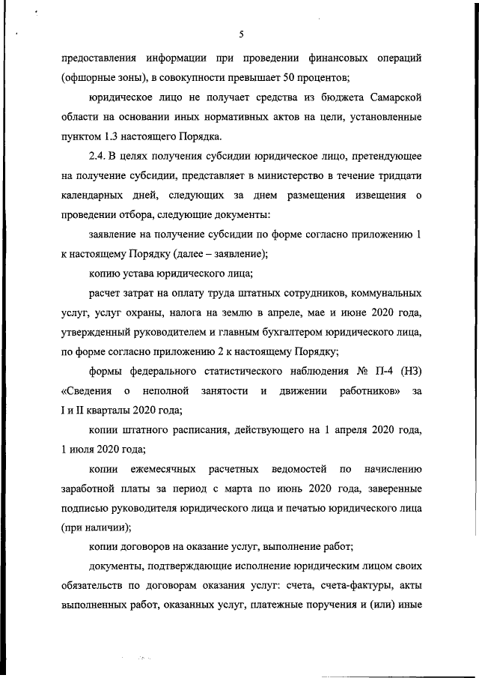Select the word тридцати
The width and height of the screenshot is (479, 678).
(x=400, y=175)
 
